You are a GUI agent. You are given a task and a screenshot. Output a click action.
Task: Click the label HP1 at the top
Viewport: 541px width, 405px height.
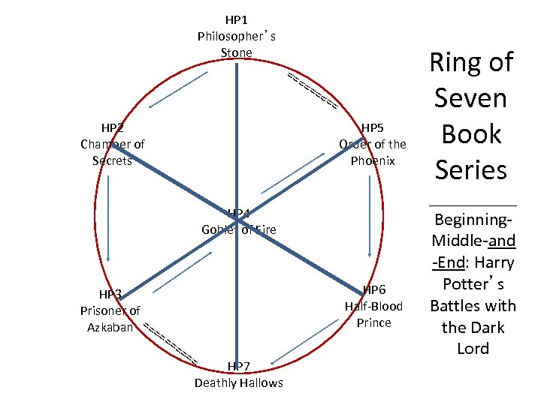coord(237,18)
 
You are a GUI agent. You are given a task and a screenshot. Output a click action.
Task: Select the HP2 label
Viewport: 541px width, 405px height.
coord(113,127)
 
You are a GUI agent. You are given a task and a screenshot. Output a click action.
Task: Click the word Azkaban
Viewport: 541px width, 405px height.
coord(110,327)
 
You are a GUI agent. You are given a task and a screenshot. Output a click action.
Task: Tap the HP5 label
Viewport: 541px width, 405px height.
coord(373,127)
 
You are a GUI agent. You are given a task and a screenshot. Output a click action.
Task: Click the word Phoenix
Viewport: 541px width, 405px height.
coord(372,160)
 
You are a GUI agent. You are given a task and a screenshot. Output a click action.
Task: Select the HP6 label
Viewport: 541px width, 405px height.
coord(374,289)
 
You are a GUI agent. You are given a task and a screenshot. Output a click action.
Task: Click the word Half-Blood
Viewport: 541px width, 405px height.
coord(373,306)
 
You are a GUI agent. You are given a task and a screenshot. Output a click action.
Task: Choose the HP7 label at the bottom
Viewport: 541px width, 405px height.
coord(238,366)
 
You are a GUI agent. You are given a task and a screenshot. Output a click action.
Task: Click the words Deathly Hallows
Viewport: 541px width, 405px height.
coord(238,383)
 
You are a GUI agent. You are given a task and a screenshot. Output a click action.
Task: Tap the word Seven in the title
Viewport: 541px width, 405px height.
coord(472,98)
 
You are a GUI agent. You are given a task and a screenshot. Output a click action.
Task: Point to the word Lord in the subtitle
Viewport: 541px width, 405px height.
coord(473,349)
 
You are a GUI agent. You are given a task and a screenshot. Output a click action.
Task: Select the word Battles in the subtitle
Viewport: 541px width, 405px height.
coord(456,306)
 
